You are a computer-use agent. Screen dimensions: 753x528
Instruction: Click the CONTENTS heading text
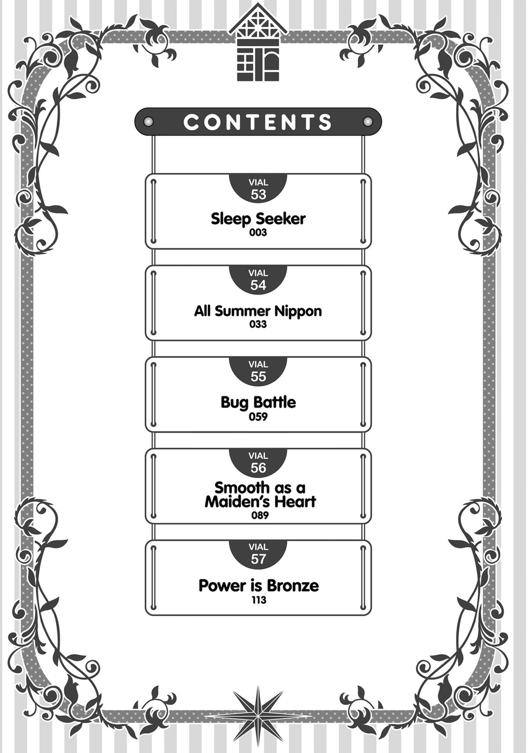(258, 122)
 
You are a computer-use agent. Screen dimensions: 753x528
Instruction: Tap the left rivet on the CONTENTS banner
(149, 122)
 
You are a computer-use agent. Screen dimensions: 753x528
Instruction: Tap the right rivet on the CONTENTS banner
(367, 122)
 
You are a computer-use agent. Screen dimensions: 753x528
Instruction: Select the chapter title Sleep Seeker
(258, 219)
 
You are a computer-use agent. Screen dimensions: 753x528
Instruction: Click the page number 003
(258, 233)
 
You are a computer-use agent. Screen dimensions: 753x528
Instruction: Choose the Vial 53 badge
(258, 189)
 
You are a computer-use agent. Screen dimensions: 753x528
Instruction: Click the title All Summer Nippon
(258, 311)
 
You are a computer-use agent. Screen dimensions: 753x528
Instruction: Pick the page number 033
(258, 324)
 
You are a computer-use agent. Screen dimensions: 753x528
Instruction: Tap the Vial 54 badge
(258, 280)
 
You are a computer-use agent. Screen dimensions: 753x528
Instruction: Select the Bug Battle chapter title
(258, 402)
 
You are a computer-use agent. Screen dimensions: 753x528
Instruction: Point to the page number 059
(258, 416)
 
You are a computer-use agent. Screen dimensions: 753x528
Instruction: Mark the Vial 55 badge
(258, 371)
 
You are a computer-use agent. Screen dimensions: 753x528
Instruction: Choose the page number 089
(260, 515)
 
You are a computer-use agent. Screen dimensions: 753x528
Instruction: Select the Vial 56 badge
(258, 462)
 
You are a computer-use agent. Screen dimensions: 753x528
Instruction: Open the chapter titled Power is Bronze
(259, 586)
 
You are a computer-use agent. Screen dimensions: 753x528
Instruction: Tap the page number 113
(259, 600)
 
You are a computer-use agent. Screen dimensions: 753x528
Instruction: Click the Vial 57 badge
(258, 553)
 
